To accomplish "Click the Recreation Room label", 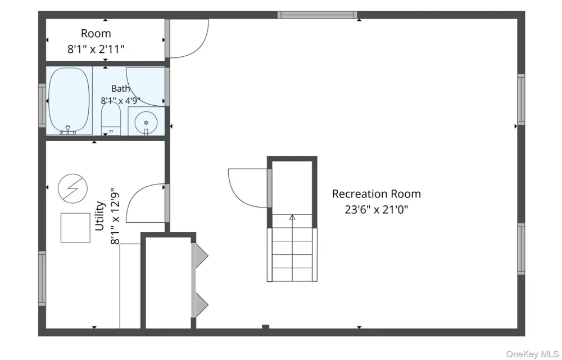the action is click(x=377, y=194).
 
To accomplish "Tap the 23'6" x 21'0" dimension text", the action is click(x=377, y=209).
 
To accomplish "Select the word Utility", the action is click(x=100, y=216).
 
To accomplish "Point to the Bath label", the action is click(x=120, y=88).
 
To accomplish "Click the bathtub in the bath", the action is click(x=69, y=100).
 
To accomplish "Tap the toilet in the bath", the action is click(x=111, y=118).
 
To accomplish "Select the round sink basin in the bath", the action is click(x=146, y=123).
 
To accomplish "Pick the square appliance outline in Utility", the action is click(x=75, y=228).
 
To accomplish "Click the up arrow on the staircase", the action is click(x=292, y=217).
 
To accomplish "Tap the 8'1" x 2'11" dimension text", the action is click(x=96, y=49).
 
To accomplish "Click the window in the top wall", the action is click(x=317, y=15).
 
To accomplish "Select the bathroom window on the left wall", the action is click(x=42, y=105).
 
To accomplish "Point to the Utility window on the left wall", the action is click(x=42, y=278).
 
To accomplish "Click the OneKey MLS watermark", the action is click(x=532, y=354).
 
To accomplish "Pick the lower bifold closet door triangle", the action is click(x=202, y=305).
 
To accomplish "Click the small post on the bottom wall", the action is click(x=266, y=327).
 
